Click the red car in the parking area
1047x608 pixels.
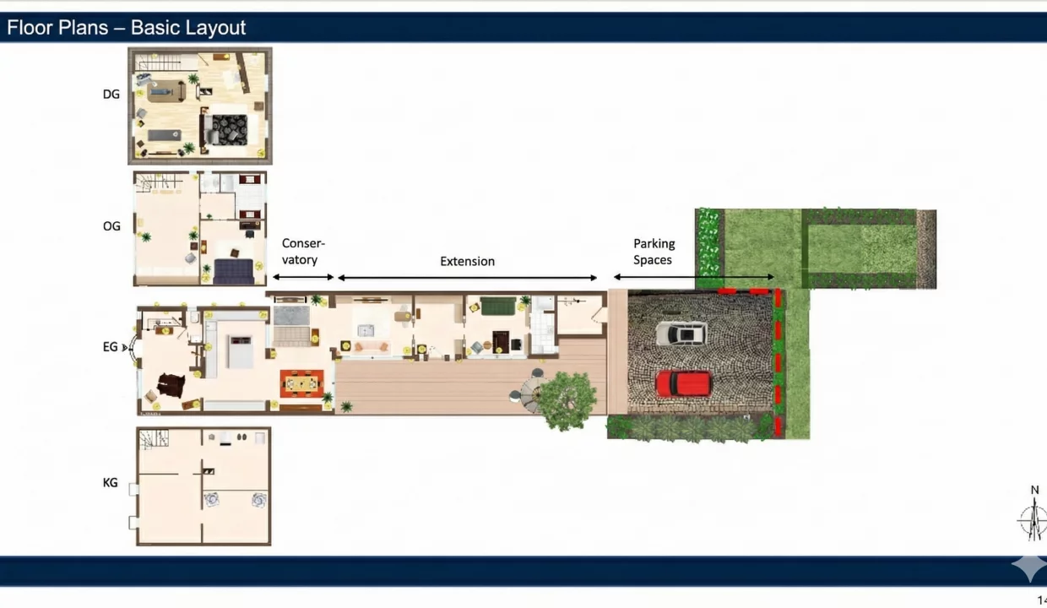[x=684, y=383]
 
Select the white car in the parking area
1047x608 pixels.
[x=681, y=334]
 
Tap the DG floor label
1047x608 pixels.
[x=111, y=95]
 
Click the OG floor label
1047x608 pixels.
[x=111, y=226]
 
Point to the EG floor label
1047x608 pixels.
[x=111, y=347]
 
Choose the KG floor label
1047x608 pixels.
[x=111, y=483]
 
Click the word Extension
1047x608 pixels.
[x=468, y=261]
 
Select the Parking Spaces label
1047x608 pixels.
[x=654, y=252]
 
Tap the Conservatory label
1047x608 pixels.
[x=303, y=252]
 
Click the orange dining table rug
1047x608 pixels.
[x=302, y=383]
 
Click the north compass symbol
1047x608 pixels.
[x=1033, y=519]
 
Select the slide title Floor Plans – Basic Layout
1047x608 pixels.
[x=126, y=28]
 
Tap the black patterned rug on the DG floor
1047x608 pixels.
[x=230, y=129]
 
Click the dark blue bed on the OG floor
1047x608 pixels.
[x=234, y=272]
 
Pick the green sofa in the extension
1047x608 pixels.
[x=498, y=307]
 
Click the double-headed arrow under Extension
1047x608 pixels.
[x=468, y=278]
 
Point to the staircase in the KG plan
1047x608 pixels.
[x=154, y=439]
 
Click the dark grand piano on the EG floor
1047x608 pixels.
[x=171, y=385]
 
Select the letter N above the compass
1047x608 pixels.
[x=1034, y=490]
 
